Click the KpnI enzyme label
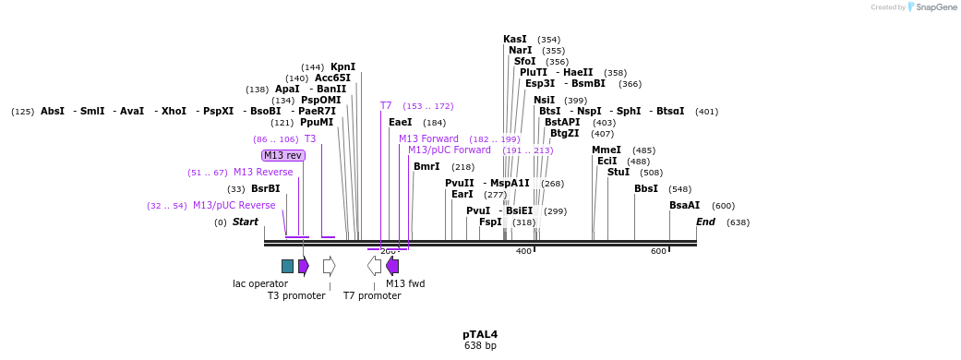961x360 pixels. coord(342,66)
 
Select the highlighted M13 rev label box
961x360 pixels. coord(283,155)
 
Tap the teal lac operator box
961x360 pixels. coord(287,266)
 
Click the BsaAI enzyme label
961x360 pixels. coord(684,205)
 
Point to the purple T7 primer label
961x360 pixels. coord(386,106)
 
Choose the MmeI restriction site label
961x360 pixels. coord(607,150)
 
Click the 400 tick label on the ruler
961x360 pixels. coord(523,251)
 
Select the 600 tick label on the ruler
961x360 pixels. coord(658,251)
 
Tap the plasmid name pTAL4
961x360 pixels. coord(480,334)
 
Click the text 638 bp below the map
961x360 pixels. coord(480,346)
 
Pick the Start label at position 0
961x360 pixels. coord(245,222)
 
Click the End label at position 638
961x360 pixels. coord(705,222)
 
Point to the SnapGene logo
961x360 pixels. coord(931,7)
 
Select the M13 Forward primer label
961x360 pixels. coord(428,138)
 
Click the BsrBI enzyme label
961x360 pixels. coord(266,188)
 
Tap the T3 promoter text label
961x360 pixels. coord(296,295)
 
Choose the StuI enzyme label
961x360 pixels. coord(619,172)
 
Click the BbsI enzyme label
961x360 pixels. coord(646,188)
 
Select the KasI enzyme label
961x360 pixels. coord(515,39)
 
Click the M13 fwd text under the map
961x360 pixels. coord(405,283)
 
